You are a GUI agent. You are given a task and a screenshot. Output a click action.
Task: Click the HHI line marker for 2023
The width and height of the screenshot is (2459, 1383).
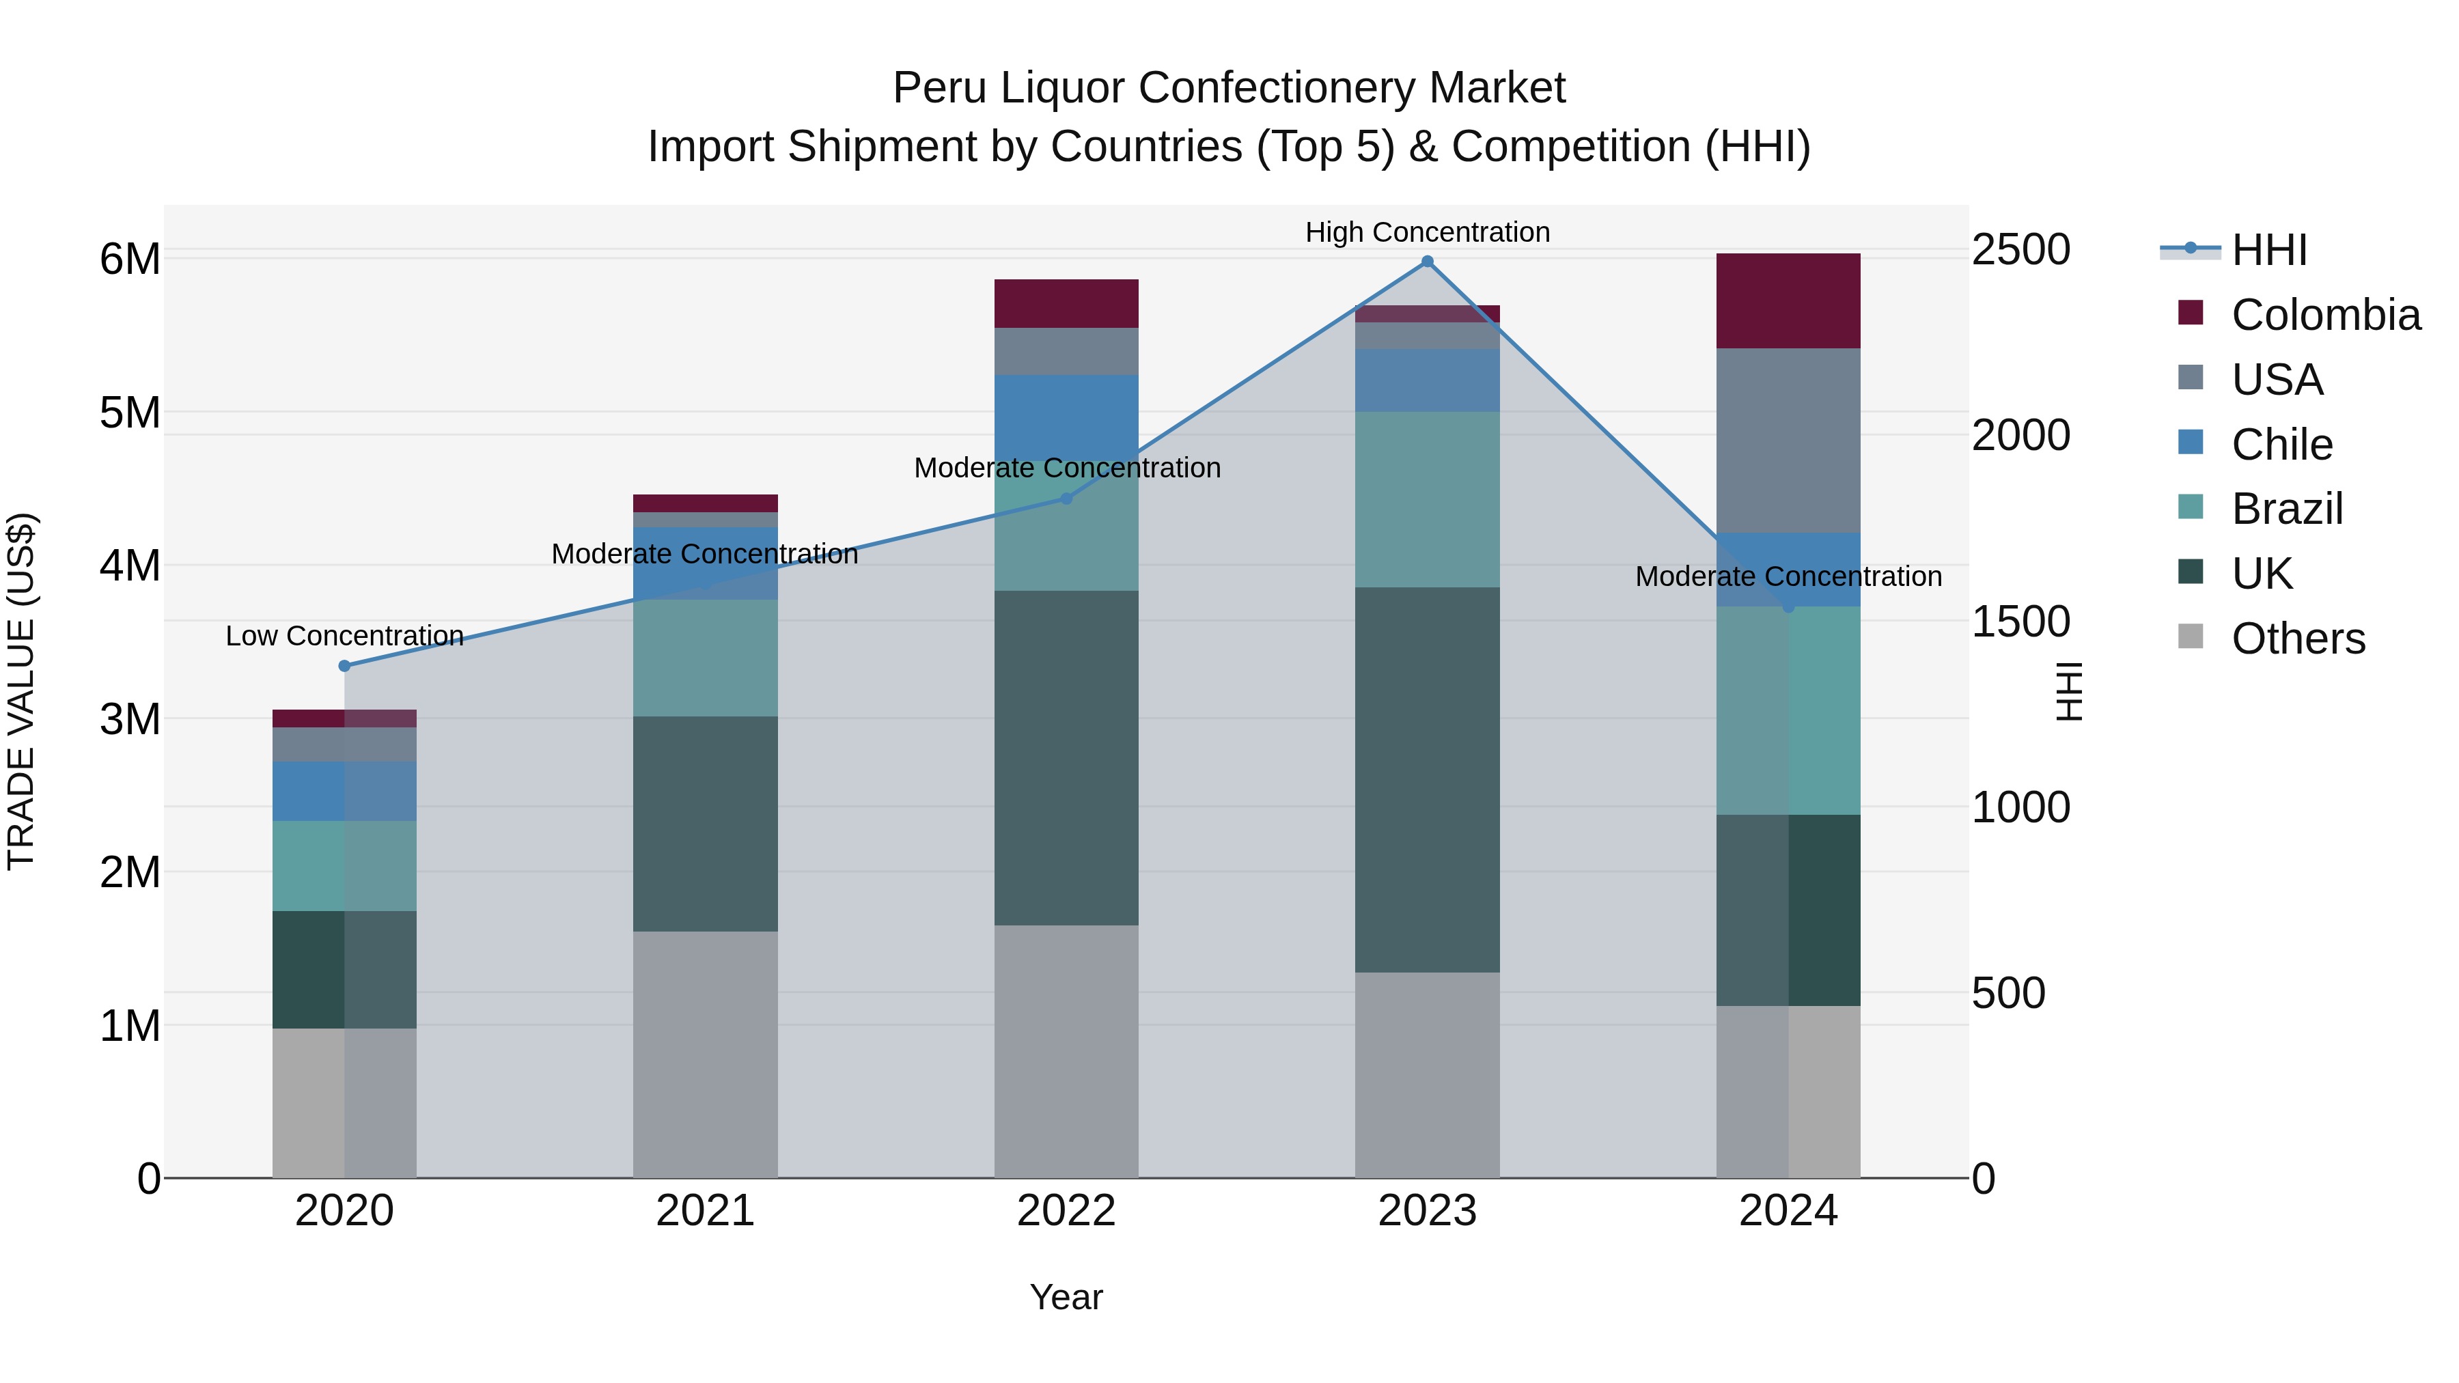coord(1427,262)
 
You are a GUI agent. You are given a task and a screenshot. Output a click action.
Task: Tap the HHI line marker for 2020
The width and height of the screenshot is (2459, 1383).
coord(345,666)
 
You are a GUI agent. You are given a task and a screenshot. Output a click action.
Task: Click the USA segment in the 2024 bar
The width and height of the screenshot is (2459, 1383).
coord(1788,440)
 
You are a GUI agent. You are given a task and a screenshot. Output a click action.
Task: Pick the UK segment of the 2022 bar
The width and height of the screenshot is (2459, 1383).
coord(1066,758)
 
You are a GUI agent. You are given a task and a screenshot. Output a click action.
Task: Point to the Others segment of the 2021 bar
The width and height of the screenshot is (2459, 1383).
coord(706,1054)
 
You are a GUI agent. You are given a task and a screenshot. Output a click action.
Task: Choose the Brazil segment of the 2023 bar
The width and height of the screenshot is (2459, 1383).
coord(1427,499)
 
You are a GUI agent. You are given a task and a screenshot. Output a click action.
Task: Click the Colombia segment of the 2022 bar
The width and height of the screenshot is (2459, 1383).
coord(1066,303)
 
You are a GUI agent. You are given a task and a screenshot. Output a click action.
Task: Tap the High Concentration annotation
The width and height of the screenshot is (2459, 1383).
coord(1427,232)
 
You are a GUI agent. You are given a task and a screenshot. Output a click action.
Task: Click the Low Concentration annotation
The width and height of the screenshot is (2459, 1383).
coord(345,636)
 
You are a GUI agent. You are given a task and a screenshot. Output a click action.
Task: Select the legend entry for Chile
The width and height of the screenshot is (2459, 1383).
coord(2281,445)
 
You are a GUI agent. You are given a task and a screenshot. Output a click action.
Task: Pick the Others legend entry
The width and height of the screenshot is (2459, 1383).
coord(2298,639)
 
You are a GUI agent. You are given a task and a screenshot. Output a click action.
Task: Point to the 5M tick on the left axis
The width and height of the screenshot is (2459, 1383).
coord(130,413)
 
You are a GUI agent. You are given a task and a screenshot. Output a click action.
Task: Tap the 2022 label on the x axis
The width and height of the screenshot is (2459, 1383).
coord(1066,1211)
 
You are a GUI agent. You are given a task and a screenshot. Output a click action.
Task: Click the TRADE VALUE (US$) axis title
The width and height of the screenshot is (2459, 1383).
coord(21,691)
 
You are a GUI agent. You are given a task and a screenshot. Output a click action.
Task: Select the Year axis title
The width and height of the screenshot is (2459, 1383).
coord(1066,1297)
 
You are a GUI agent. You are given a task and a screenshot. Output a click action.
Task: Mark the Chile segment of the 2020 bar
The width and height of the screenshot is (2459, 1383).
coord(345,792)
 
